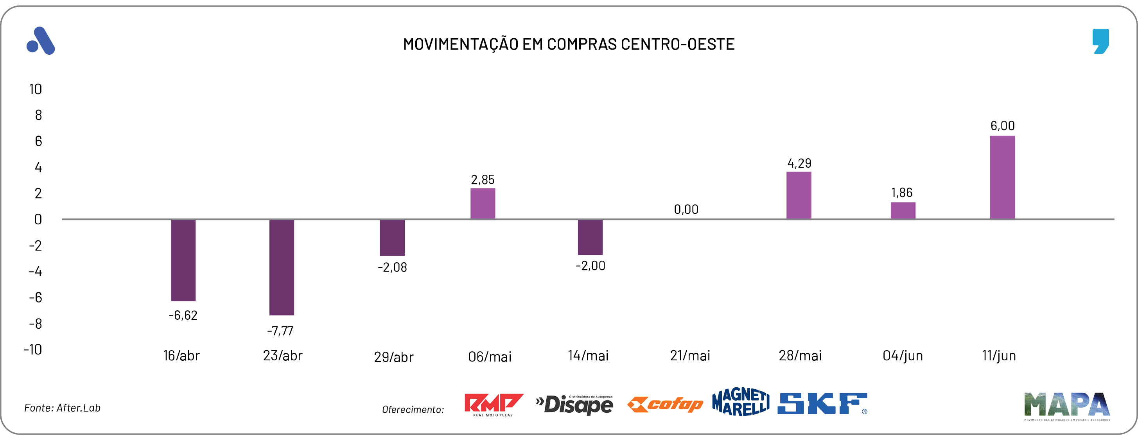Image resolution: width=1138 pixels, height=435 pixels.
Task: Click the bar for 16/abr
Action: (183, 260)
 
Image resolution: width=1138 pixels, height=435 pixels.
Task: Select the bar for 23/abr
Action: (282, 267)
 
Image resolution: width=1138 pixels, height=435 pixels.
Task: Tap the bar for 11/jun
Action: (1002, 177)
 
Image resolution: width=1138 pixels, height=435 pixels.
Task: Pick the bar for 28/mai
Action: (798, 195)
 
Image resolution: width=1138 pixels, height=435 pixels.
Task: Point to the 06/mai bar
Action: (483, 203)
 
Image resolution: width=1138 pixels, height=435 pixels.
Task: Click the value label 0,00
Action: (686, 209)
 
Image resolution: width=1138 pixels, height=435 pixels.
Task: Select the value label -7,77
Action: (280, 331)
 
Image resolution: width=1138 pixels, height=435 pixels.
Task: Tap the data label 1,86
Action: (901, 193)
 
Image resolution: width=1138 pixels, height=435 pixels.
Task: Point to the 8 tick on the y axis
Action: (38, 115)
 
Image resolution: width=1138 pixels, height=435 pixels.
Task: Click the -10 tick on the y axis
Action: (33, 349)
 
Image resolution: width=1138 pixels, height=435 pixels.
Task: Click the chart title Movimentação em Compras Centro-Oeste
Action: (569, 44)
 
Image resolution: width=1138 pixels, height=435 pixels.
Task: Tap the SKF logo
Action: (822, 404)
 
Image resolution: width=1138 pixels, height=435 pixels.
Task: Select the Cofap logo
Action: (665, 404)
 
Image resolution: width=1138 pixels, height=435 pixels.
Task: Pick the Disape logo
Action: (574, 405)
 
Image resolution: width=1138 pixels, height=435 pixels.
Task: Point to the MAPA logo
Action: (1066, 406)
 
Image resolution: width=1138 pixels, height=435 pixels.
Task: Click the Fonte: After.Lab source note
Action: (62, 408)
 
